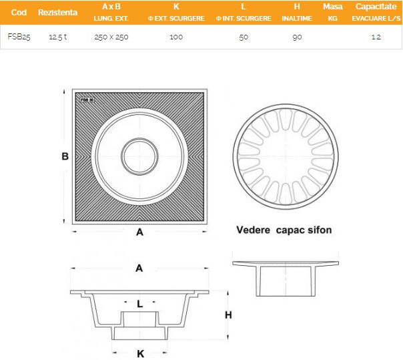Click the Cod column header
[19, 12]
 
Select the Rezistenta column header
[57, 12]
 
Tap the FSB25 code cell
[19, 37]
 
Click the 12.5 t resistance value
[58, 37]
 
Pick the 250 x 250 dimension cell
[111, 37]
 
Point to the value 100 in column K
[176, 37]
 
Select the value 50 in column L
[244, 37]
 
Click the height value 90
[297, 37]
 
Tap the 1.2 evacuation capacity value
[376, 37]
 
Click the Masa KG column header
[332, 12]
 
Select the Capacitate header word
[376, 7]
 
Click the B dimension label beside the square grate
[65, 156]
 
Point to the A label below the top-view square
[139, 232]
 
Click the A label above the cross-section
[139, 268]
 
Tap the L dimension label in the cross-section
[140, 304]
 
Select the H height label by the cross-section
[228, 315]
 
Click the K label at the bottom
[140, 354]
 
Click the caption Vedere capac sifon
[284, 230]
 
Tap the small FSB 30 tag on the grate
[87, 100]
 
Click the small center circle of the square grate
[139, 156]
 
